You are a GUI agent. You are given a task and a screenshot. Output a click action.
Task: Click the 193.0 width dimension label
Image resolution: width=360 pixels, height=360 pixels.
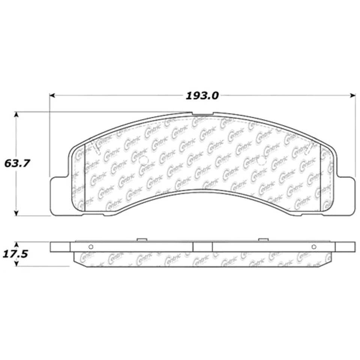coord(202,96)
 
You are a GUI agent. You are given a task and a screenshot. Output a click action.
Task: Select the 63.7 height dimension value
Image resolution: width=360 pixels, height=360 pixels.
coord(16,163)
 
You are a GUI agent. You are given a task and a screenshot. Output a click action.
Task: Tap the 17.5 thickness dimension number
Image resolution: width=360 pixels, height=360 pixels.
coord(15,254)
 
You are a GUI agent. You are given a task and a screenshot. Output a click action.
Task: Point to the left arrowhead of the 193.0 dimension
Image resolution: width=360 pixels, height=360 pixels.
coord(52,96)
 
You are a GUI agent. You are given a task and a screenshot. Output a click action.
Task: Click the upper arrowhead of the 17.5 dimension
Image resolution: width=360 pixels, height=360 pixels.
coord(16,244)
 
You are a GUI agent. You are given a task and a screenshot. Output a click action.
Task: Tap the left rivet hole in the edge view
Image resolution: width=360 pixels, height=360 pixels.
coord(90,246)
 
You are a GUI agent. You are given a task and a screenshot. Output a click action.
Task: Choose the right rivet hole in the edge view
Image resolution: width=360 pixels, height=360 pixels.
coord(314,246)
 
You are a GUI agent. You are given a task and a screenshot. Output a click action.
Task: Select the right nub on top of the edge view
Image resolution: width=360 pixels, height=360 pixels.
coord(263,239)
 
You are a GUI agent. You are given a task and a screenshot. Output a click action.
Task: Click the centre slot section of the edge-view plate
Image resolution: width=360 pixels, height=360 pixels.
coord(202,246)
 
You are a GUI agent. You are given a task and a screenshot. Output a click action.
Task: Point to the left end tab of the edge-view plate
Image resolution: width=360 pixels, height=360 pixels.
coord(60,246)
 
